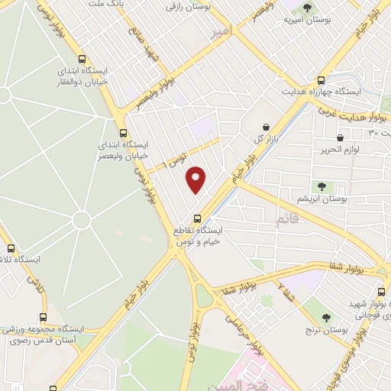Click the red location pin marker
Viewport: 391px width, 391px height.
coord(197,179)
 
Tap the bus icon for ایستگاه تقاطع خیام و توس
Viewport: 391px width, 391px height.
coord(197,215)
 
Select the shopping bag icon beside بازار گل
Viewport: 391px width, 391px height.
coord(265,127)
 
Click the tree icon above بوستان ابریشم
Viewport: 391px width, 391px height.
coord(321,186)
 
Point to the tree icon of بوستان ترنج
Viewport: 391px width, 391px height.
coord(326,318)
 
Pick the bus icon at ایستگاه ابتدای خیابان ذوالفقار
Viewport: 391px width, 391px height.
coord(82,59)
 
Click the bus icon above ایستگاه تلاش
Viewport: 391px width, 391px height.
coord(11,248)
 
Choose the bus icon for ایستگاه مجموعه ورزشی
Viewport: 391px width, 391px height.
coord(42,316)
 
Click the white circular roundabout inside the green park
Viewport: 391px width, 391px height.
coord(82,220)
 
